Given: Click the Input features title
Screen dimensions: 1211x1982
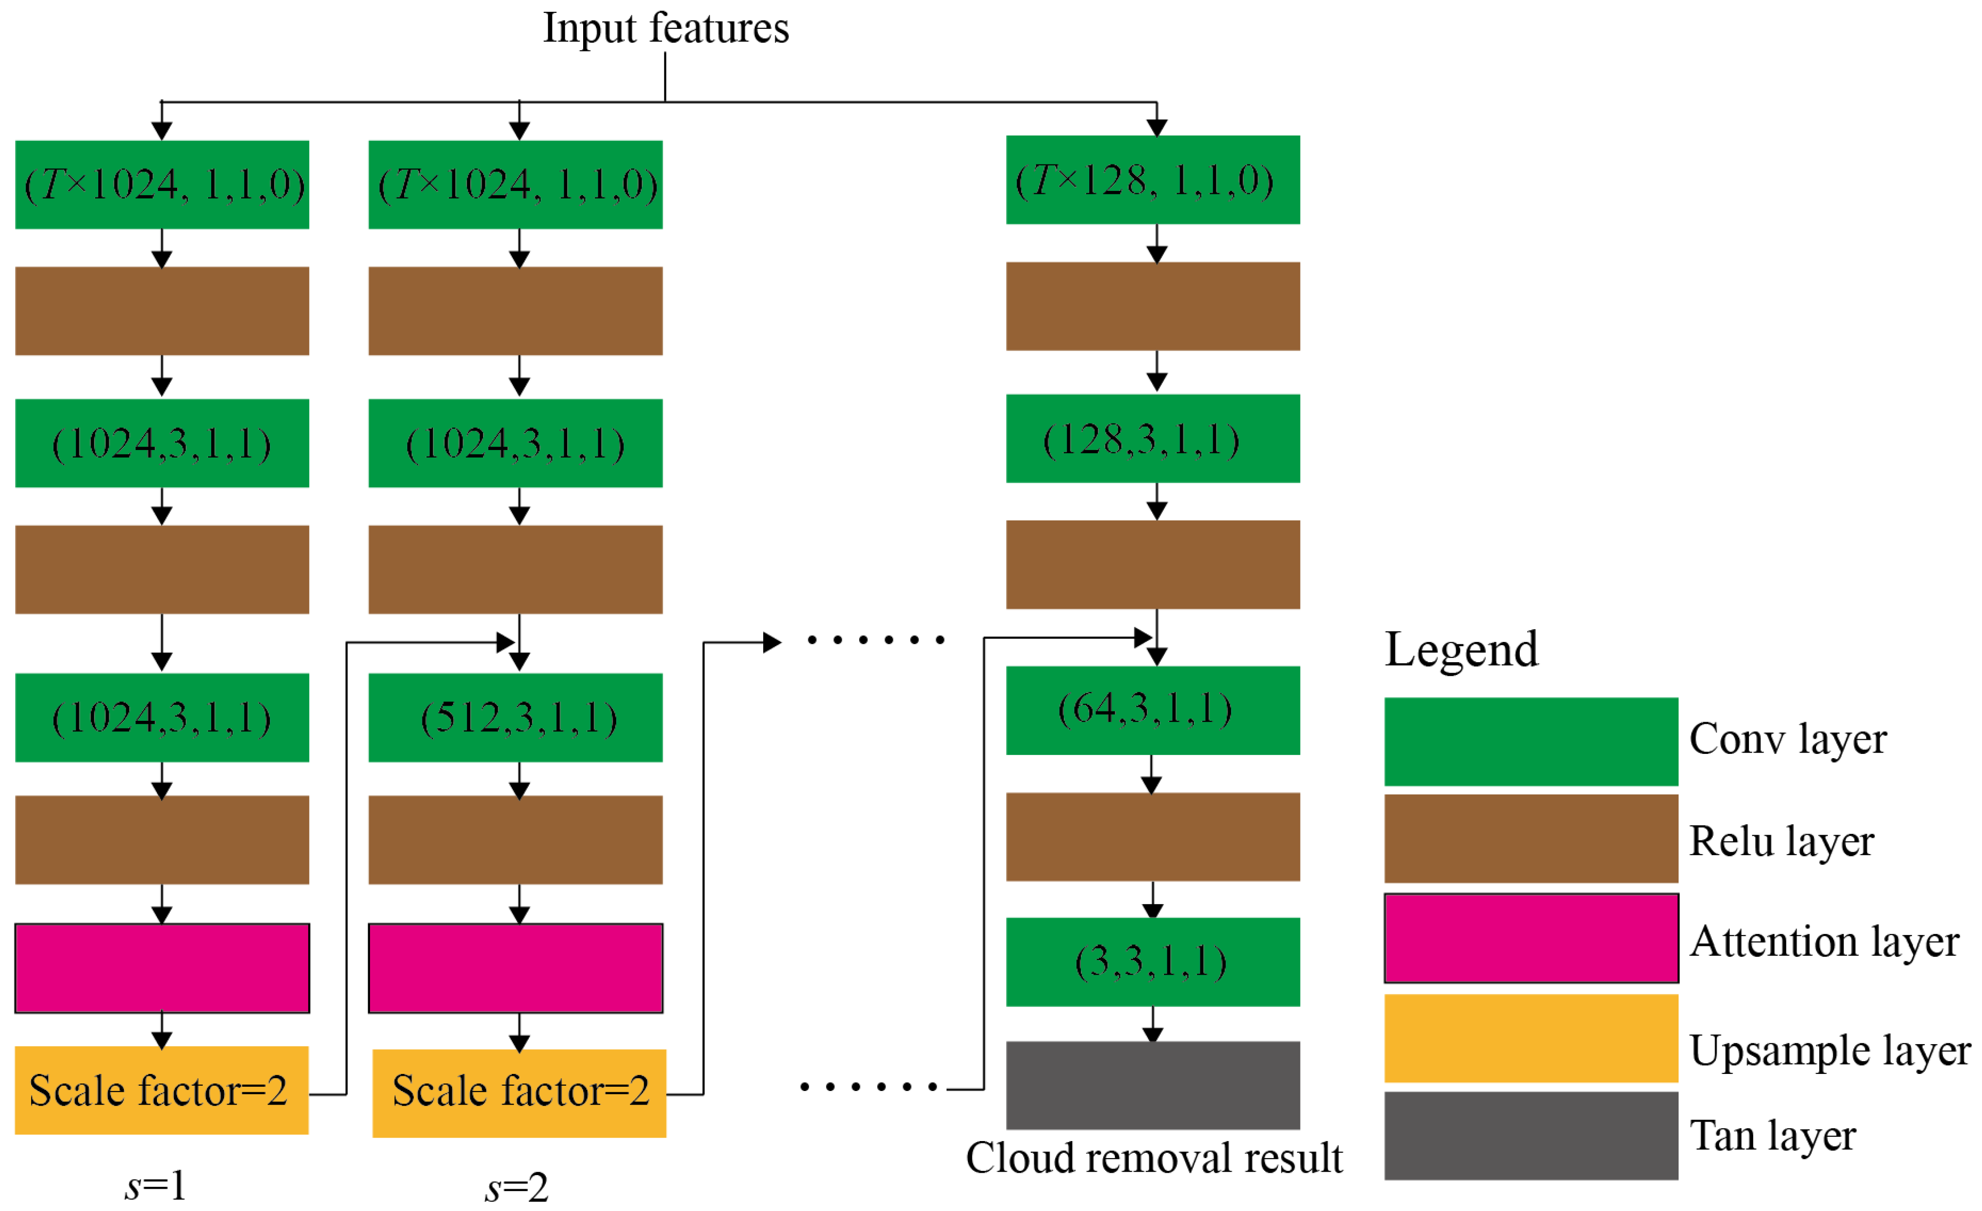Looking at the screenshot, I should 665,28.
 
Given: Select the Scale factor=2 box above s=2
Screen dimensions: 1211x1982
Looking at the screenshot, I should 519,1093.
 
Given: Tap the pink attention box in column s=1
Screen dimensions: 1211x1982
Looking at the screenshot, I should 162,968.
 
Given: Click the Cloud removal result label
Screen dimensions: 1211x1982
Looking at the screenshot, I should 1154,1158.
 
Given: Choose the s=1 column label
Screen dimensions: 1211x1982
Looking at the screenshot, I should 156,1185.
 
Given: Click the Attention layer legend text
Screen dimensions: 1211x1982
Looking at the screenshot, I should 1824,942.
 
